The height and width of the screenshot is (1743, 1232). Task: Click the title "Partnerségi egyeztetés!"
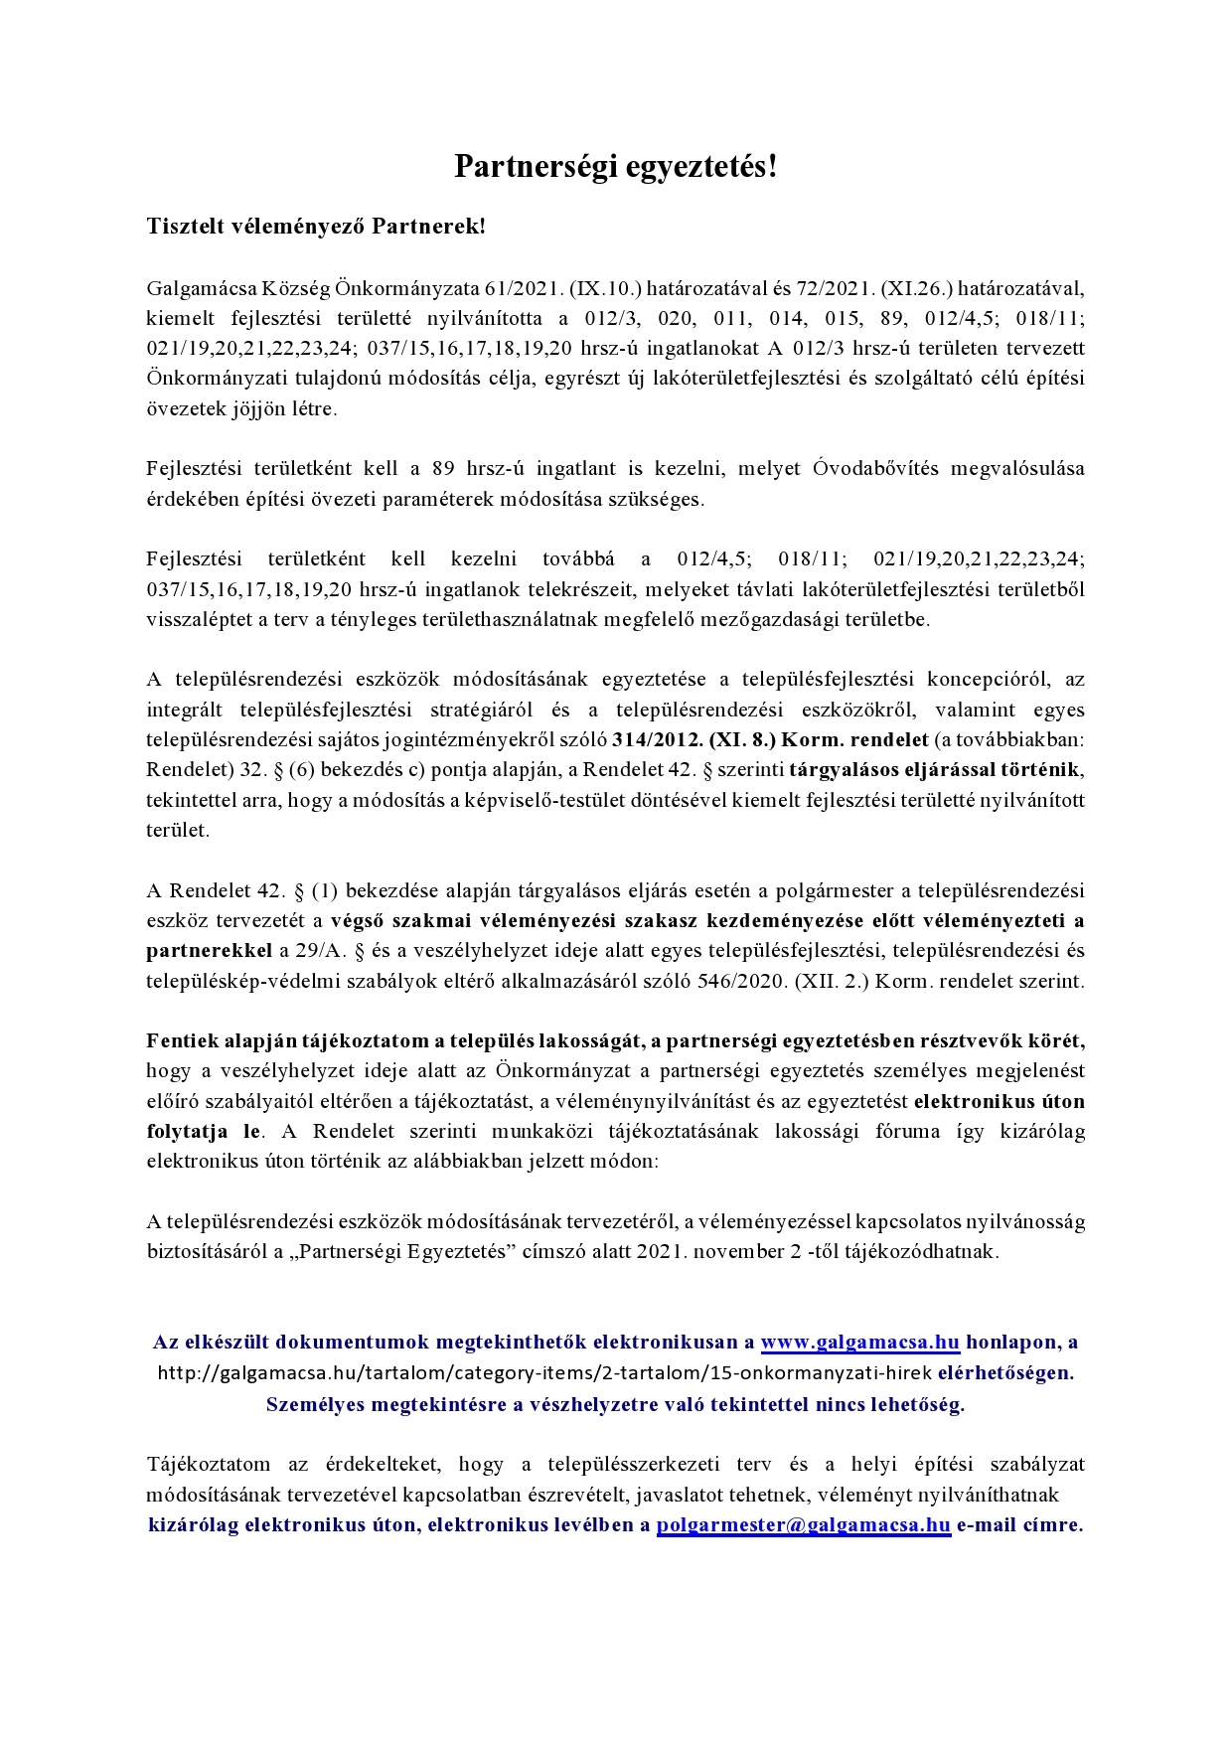615,167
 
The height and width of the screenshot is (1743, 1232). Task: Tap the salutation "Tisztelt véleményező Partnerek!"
316,227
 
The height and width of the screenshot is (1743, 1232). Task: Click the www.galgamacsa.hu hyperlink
859,1343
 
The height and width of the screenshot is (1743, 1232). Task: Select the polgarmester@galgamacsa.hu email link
803,1525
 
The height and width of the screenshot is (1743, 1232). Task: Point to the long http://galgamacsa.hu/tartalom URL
544,1373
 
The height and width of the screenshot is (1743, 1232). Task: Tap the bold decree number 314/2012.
657,740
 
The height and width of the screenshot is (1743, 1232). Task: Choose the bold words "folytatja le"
204,1132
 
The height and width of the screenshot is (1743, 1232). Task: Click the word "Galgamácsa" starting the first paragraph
201,289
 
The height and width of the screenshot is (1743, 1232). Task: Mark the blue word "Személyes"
313,1405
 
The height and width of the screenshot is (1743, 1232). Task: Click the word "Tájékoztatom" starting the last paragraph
208,1465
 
